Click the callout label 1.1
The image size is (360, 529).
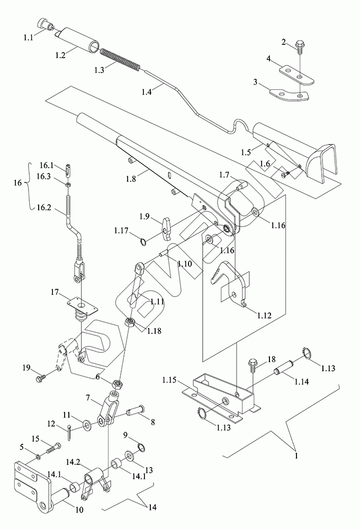(x=28, y=38)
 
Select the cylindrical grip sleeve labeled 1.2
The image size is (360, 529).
(x=79, y=39)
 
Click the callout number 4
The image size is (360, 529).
(x=269, y=61)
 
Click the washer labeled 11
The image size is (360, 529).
(x=85, y=424)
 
